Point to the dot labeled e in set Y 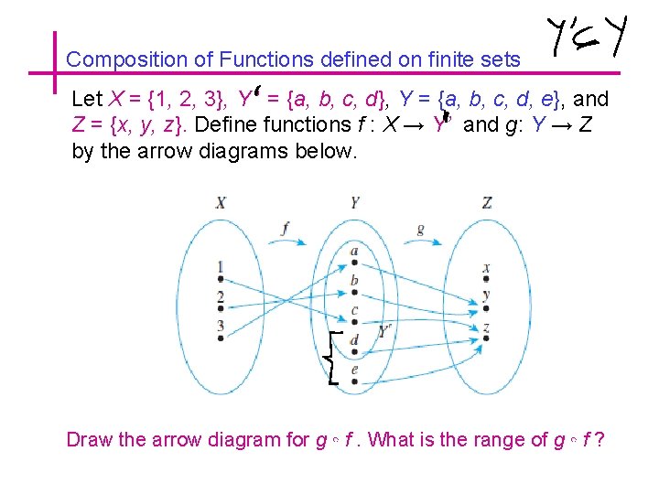[x=354, y=379]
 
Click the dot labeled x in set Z [x=486, y=278]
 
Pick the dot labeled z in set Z [x=486, y=337]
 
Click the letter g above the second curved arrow [x=420, y=229]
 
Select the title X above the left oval [x=221, y=202]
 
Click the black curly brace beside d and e [x=333, y=358]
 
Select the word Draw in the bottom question [x=90, y=439]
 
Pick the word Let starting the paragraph [x=87, y=99]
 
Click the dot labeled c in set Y [x=354, y=320]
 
